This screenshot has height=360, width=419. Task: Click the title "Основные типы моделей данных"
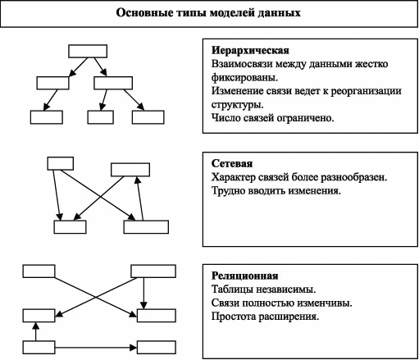[x=208, y=13]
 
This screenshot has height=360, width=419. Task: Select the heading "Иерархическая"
[x=250, y=51]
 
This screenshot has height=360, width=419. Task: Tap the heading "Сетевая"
[x=232, y=163]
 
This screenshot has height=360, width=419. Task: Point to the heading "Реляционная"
[x=244, y=276]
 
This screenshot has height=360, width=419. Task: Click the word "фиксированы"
[x=244, y=78]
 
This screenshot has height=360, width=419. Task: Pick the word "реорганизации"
[x=366, y=91]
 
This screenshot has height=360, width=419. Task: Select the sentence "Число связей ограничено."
[x=272, y=118]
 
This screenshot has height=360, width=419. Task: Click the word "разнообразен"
[x=353, y=177]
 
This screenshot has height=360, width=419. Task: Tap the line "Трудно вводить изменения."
[x=276, y=191]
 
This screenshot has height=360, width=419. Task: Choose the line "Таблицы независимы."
[x=263, y=289]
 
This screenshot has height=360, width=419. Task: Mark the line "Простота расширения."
[x=265, y=317]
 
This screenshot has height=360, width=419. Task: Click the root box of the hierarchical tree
[x=88, y=51]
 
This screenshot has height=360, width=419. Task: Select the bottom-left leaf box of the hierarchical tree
[x=47, y=117]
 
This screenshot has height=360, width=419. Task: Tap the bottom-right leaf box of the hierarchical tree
[x=148, y=117]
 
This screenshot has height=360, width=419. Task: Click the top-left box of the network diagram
[x=61, y=163]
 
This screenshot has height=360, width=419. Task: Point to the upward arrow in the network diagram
[x=140, y=198]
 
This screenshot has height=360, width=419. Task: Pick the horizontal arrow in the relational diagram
[x=96, y=348]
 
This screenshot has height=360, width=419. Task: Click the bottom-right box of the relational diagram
[x=157, y=348]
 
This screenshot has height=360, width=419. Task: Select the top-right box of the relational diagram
[x=153, y=271]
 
